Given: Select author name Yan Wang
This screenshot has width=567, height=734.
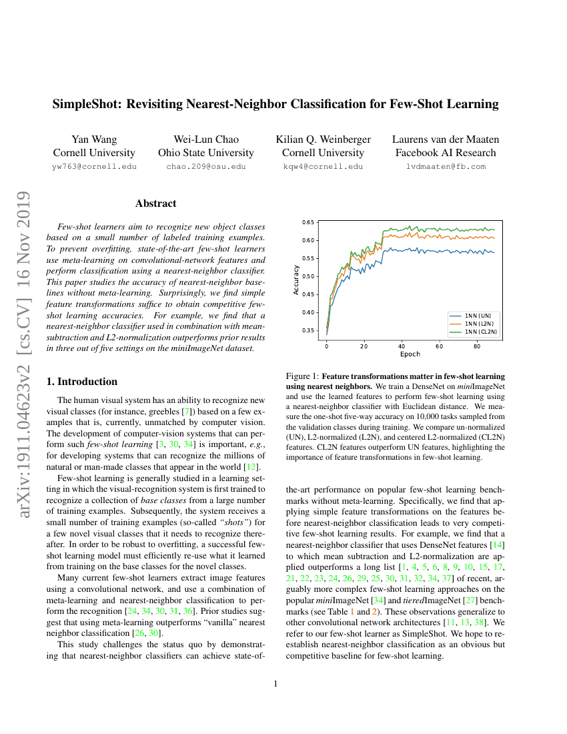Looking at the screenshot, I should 94,139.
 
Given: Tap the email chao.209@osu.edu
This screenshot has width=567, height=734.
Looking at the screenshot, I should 206,166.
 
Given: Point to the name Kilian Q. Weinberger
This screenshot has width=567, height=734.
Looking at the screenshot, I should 324,139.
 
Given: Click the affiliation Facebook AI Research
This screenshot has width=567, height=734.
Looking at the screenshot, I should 446,153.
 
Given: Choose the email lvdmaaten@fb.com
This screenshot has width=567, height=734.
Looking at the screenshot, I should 446,166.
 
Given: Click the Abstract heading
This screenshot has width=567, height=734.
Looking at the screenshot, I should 155,204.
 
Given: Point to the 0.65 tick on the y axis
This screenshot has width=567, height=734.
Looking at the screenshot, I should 309,222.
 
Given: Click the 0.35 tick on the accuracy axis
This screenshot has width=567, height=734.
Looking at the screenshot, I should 309,330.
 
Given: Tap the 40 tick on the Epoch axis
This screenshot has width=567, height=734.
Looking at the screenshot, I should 402,346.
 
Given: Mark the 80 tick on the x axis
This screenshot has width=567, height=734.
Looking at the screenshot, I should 477,346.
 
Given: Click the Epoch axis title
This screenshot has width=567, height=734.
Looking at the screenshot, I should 410,354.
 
